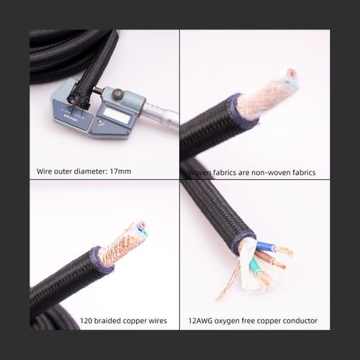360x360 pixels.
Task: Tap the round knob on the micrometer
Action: tap(115, 94)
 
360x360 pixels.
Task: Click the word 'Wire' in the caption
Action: tap(45, 172)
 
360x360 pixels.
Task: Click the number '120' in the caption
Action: tap(86, 320)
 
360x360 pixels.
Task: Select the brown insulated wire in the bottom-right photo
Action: tap(276, 263)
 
